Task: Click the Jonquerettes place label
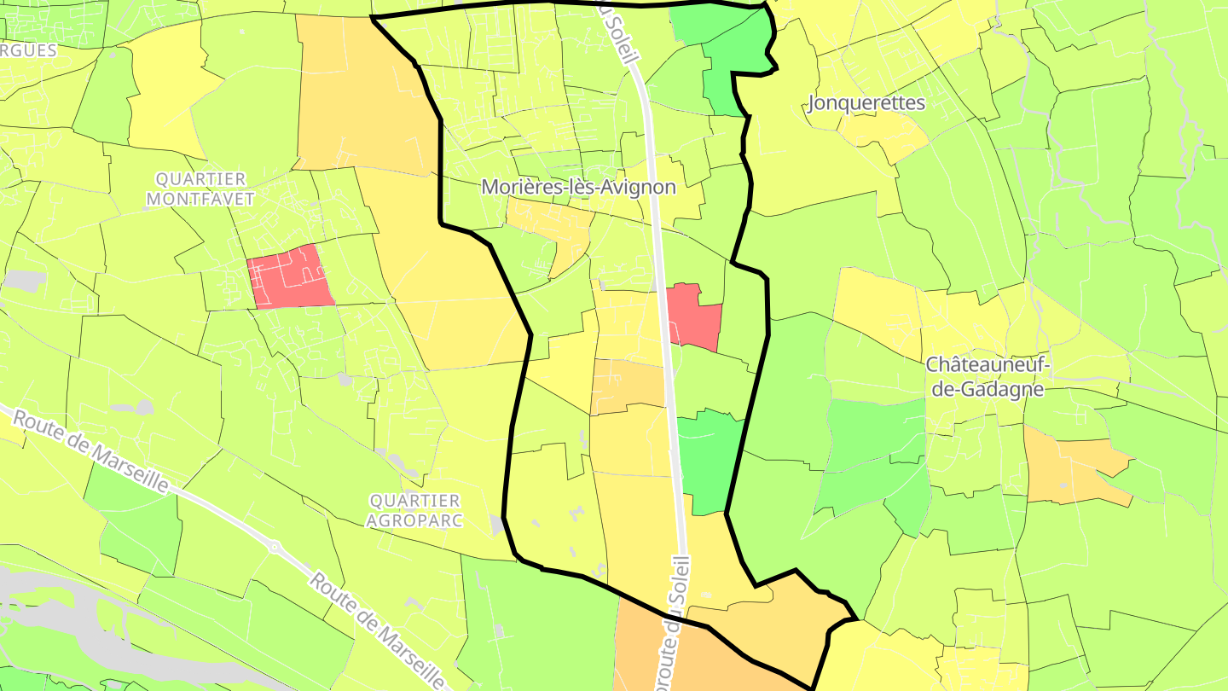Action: coord(866,103)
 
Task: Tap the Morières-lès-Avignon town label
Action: coord(578,187)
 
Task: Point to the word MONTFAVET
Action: coord(200,199)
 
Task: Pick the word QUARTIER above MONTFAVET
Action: coord(200,179)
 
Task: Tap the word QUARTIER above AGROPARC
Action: coord(415,500)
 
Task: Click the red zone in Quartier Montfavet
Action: coord(290,276)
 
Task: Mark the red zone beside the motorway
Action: coord(694,316)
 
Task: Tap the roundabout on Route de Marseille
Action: coord(274,548)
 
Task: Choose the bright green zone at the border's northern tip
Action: coord(729,51)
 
